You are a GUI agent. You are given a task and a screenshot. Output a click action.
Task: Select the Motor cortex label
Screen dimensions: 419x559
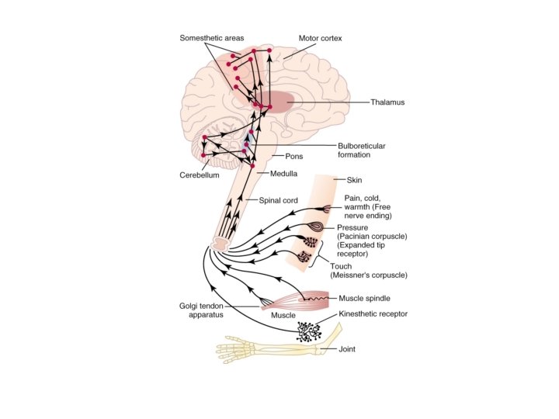click(320, 38)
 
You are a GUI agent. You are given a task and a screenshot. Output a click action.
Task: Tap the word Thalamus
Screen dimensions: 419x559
click(387, 102)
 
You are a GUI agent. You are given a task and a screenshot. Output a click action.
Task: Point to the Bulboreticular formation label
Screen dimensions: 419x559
click(361, 150)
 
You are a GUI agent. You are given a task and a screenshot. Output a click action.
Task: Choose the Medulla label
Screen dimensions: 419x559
click(284, 174)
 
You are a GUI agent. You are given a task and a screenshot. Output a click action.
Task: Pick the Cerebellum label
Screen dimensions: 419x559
click(200, 175)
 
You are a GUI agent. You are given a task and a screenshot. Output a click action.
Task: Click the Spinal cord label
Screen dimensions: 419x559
click(278, 200)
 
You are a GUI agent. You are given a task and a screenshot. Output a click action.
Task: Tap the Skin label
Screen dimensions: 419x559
click(344, 180)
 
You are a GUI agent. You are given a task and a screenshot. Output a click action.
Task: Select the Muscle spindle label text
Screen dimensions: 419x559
click(364, 298)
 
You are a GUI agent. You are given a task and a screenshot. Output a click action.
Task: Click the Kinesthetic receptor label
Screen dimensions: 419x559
click(373, 314)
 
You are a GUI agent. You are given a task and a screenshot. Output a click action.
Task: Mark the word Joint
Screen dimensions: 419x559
click(347, 349)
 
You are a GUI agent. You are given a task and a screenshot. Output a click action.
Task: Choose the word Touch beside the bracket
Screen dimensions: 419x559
click(341, 266)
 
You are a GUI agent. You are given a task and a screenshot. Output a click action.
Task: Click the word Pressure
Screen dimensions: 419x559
click(352, 227)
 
